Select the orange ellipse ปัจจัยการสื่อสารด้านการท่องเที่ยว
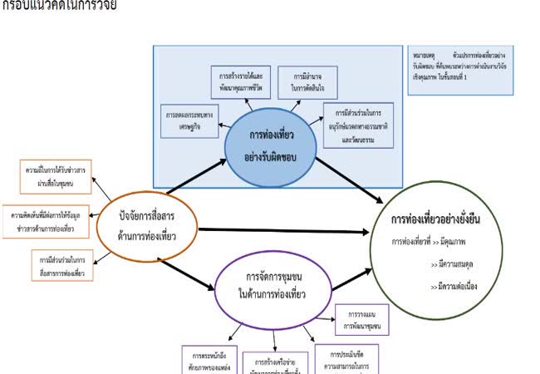(x=146, y=226)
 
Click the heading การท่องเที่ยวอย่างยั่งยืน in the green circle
(x=437, y=220)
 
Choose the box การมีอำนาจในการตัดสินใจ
(x=306, y=80)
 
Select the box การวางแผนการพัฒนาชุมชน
(x=358, y=319)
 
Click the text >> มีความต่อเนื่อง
(x=457, y=287)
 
